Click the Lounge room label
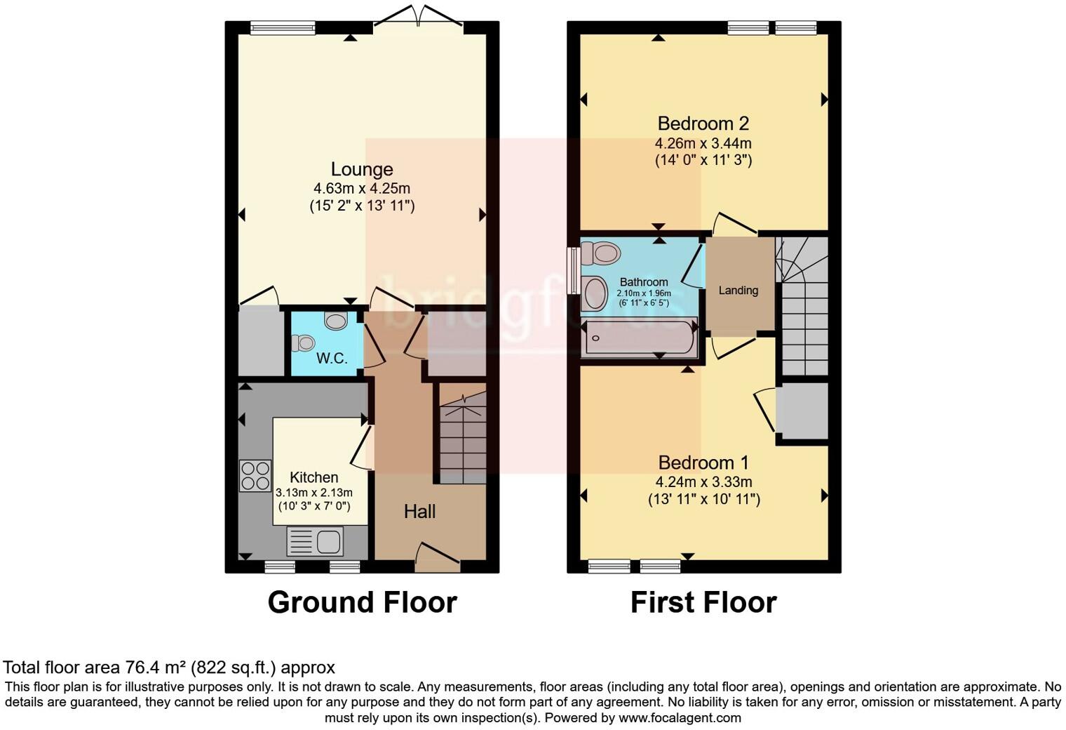[362, 169]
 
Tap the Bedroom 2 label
[703, 124]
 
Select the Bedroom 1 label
[703, 463]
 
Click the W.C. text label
[332, 358]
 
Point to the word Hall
[419, 512]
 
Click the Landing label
[738, 291]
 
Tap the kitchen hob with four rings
[255, 476]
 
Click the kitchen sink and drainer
[315, 541]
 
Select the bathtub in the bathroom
[639, 338]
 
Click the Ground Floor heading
[362, 602]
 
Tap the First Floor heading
[703, 602]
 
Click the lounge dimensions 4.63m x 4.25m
[362, 189]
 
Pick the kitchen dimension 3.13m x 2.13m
[314, 493]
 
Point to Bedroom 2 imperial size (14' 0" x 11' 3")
[703, 160]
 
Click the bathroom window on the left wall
[574, 271]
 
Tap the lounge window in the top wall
[283, 28]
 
